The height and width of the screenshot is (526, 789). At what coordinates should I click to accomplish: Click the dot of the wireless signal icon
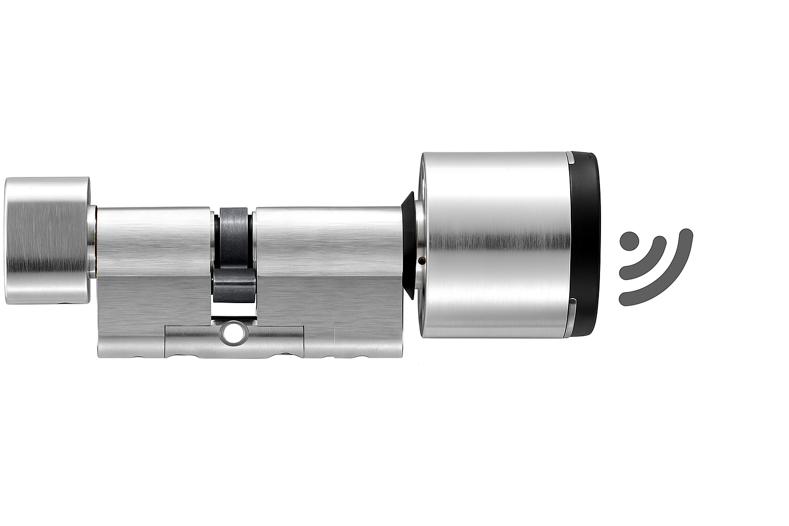(628, 241)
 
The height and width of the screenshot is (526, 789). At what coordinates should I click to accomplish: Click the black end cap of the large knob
(585, 245)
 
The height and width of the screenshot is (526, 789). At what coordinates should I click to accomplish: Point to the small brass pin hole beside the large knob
(421, 261)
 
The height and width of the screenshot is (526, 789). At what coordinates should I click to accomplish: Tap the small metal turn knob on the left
(46, 240)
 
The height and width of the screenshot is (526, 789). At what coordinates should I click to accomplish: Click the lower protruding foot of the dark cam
(234, 290)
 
